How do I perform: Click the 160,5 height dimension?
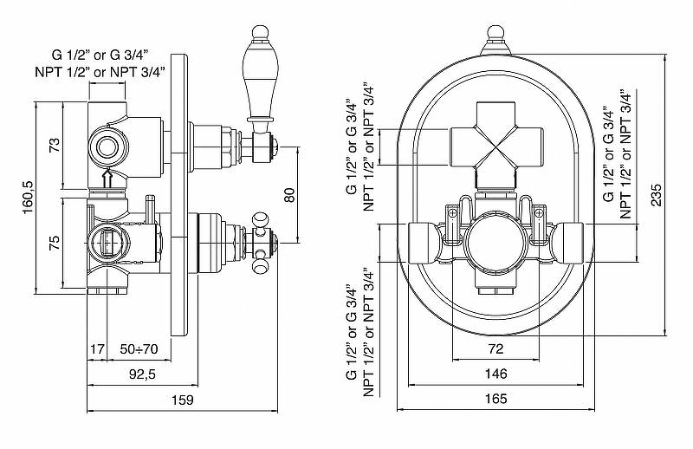(x=29, y=198)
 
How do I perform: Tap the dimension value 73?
(x=54, y=146)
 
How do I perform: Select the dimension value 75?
(x=54, y=243)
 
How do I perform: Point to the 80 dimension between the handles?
(x=289, y=195)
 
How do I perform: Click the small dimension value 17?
(x=98, y=349)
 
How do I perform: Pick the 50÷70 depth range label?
(x=139, y=349)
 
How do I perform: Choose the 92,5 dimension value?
(x=142, y=374)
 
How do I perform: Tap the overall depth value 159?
(x=183, y=400)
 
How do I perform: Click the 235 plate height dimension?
(x=657, y=195)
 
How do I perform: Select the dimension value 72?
(x=495, y=349)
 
